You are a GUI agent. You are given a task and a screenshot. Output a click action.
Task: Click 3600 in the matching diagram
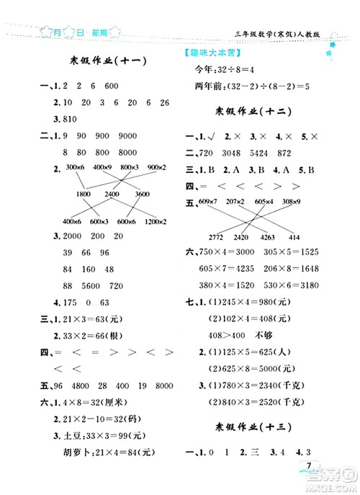143,194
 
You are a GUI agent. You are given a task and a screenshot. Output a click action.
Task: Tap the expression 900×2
156,167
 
